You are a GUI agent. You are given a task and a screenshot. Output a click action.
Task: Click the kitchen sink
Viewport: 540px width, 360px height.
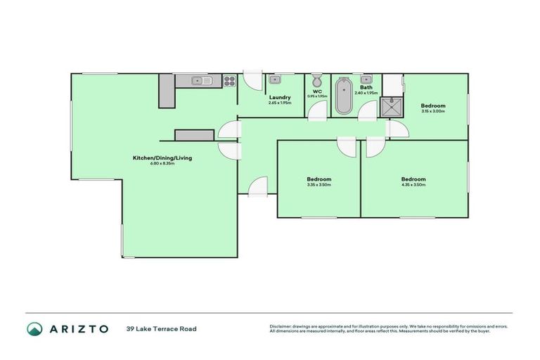coord(202,81)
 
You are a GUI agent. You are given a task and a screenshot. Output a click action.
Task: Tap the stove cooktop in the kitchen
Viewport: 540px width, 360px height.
coord(229,81)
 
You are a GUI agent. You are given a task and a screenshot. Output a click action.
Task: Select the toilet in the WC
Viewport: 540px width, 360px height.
coord(316,79)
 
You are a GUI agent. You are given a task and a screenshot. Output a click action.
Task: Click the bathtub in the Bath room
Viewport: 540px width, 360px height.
coord(344,96)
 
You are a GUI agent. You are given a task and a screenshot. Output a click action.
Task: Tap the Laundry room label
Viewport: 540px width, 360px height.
coord(280,97)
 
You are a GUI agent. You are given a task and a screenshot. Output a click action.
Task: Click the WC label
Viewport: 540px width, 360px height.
coord(316,91)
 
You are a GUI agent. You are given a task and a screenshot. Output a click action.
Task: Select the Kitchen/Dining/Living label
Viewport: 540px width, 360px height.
coord(162,158)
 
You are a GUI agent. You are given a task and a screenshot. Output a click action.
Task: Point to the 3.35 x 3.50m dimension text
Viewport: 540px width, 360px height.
coord(319,185)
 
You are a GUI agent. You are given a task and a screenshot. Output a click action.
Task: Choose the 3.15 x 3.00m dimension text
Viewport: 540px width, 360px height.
coord(434,110)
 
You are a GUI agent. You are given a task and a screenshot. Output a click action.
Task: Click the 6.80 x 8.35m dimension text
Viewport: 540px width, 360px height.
coord(162,164)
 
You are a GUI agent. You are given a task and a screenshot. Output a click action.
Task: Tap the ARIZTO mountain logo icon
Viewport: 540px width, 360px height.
coord(34,328)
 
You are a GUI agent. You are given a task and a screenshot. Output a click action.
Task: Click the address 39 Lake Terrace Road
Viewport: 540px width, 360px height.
coord(162,328)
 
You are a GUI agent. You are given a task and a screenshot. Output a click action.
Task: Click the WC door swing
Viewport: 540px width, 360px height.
coord(319,110)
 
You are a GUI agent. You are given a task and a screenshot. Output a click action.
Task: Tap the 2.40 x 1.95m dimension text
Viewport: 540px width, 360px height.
coord(366,93)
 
